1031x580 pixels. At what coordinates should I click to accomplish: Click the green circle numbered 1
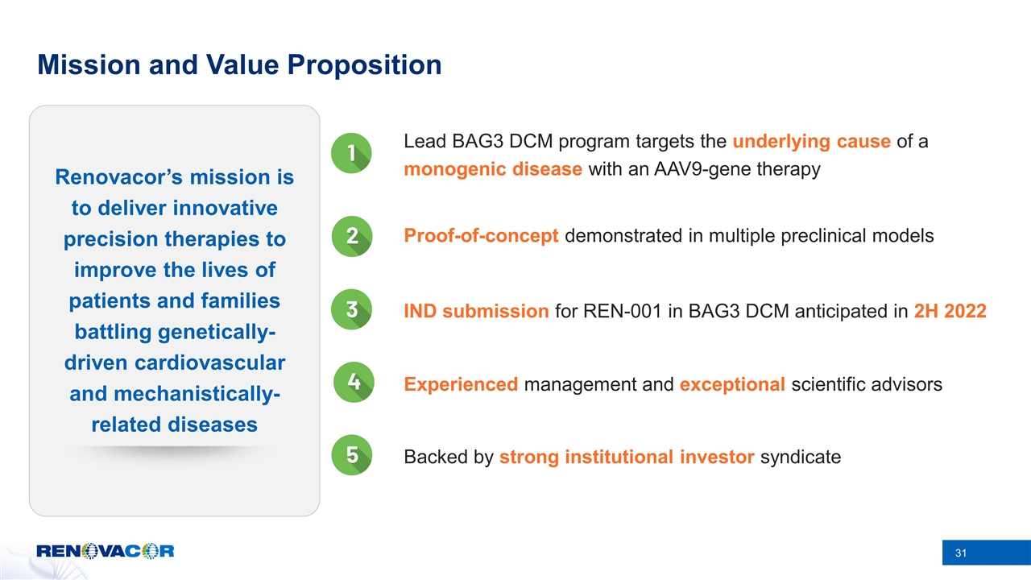(x=352, y=153)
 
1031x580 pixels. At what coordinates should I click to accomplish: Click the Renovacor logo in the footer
(x=106, y=552)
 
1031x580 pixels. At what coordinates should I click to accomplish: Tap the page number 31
(x=960, y=553)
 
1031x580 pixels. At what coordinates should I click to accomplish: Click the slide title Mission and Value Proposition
(x=239, y=65)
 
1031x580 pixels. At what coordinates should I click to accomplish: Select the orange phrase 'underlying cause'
(x=811, y=142)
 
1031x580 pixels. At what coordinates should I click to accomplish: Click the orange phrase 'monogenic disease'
(x=493, y=170)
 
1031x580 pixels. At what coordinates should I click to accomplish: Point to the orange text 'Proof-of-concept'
(x=481, y=236)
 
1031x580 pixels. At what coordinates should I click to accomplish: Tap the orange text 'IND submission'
(x=476, y=311)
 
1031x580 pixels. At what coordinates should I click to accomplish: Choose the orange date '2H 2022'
(x=950, y=311)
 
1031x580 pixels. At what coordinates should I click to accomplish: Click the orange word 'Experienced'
(x=461, y=385)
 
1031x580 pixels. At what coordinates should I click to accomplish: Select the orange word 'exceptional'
(x=732, y=385)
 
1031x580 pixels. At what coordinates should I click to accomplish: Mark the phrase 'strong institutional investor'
(x=627, y=458)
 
